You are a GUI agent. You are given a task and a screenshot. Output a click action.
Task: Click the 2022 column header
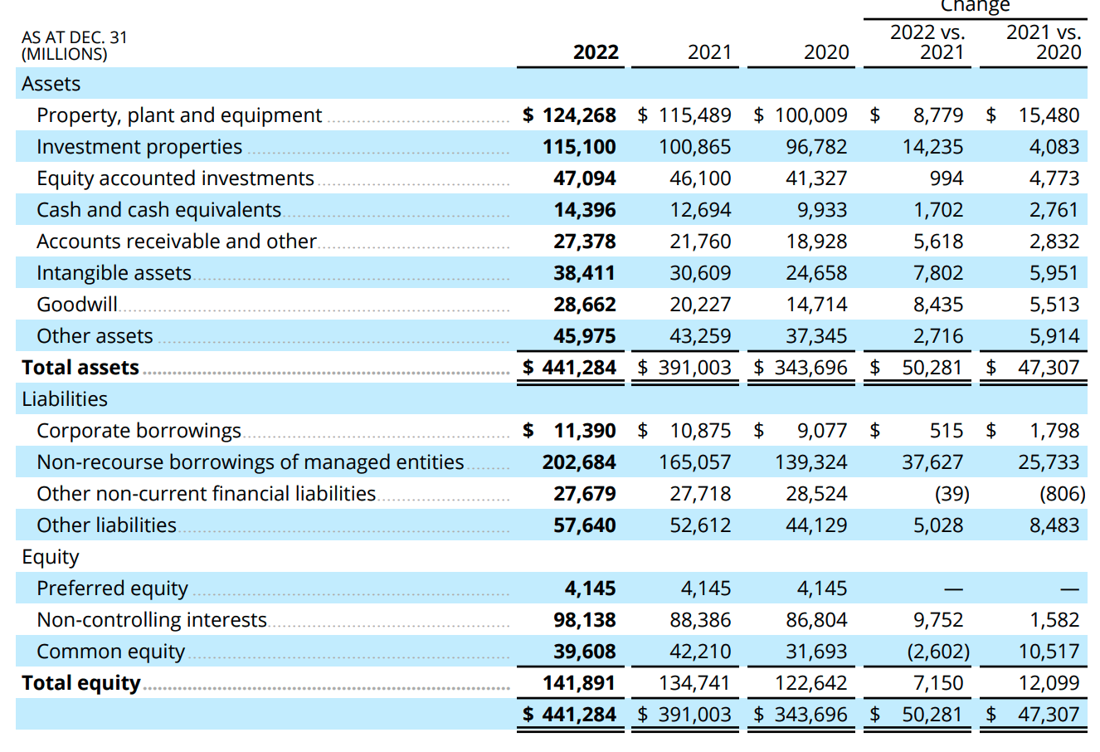point(596,52)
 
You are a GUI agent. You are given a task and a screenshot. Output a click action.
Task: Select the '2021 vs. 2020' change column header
point(1044,42)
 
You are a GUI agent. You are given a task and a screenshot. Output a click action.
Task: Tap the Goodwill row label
point(77,305)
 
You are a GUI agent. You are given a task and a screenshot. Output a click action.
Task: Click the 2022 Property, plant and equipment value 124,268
point(579,115)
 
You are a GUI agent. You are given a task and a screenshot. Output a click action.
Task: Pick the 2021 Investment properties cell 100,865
point(694,147)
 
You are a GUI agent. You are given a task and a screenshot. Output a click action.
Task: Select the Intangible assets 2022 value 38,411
point(585,273)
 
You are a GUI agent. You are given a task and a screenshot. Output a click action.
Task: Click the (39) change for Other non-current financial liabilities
point(952,494)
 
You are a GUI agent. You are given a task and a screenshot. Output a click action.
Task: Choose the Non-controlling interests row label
point(152,620)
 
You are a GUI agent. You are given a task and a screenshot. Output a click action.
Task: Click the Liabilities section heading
point(65,399)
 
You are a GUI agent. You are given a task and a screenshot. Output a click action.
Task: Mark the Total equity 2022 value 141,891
point(579,683)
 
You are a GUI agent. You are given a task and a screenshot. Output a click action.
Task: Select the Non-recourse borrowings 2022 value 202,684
point(579,462)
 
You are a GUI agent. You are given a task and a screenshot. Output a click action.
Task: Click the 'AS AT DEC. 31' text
point(75,37)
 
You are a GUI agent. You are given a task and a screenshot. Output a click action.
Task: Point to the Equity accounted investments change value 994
point(946,178)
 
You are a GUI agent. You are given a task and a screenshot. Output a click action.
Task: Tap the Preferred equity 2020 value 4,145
point(821,588)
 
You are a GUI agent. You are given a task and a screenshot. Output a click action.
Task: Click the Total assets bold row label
point(80,368)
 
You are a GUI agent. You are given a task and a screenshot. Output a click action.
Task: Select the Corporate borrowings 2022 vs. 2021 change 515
point(946,431)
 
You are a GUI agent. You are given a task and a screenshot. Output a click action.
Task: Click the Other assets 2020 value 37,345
point(816,336)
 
